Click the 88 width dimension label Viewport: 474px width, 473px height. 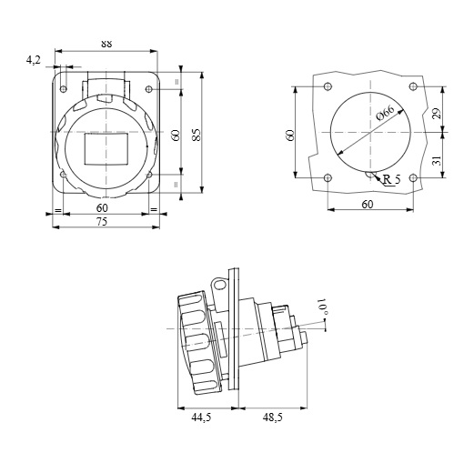[106, 44]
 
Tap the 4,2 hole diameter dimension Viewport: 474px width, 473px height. [34, 60]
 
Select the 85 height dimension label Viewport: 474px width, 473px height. [197, 135]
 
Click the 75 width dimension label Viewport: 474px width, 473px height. [102, 222]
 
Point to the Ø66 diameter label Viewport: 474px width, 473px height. [385, 113]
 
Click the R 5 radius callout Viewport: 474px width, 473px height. [391, 179]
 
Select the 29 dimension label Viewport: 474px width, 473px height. [437, 114]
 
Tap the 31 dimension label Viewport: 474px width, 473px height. [437, 160]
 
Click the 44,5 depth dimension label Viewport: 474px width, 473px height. [201, 418]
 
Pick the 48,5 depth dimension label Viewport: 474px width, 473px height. [273, 418]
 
